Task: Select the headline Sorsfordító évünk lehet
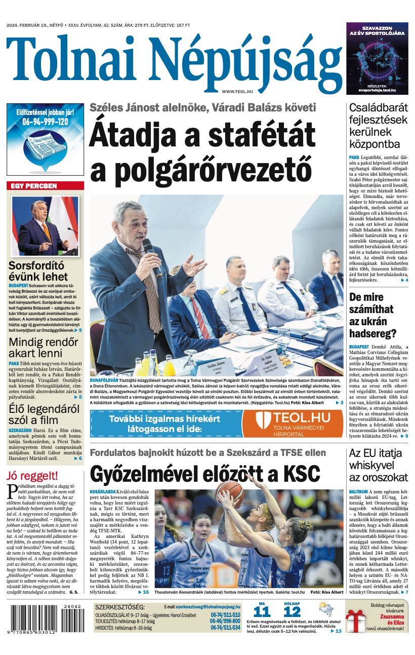pyautogui.click(x=38, y=271)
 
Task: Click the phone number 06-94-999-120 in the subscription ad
pyautogui.click(x=45, y=122)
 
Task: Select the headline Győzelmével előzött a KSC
pyautogui.click(x=205, y=474)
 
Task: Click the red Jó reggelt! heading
pyautogui.click(x=32, y=476)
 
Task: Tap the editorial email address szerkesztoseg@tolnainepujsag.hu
pyautogui.click(x=208, y=606)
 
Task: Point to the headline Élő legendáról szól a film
pyautogui.click(x=40, y=414)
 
